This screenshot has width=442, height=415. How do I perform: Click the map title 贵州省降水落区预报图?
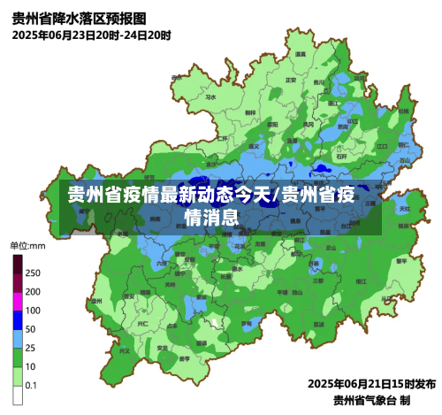(x=80, y=18)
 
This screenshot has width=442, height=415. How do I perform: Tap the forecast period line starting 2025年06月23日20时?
(x=92, y=35)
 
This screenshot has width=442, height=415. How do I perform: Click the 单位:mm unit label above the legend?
(x=27, y=245)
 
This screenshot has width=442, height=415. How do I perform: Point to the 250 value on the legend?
(x=33, y=273)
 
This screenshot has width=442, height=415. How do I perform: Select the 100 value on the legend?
(x=33, y=310)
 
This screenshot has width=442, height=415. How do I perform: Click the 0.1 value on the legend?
(x=31, y=385)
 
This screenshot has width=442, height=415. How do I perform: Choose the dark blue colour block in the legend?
(x=18, y=319)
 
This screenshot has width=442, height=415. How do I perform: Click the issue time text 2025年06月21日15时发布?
(x=371, y=384)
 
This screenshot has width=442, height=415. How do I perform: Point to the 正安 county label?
(x=291, y=81)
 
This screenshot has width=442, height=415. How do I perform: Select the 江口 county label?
(x=383, y=145)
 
